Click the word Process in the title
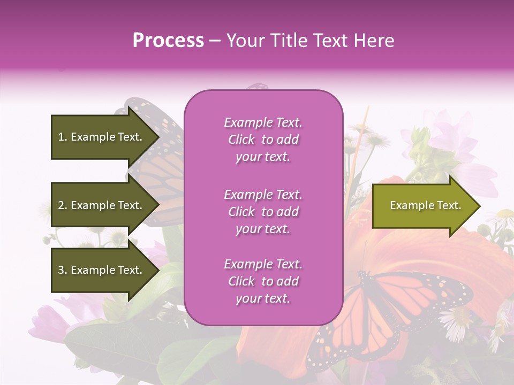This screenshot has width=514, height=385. coord(168,41)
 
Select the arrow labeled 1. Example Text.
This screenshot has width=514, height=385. coord(102,137)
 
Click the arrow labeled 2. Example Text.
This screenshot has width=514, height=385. coord(102,205)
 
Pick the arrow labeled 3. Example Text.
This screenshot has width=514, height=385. coord(102,270)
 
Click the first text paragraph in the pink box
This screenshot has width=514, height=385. coord(263,140)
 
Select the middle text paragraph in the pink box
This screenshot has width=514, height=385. coord(263,212)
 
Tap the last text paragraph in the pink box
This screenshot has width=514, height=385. coord(263,281)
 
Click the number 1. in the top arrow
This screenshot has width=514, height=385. coord(63,137)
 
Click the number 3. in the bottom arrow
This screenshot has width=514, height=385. coord(63,270)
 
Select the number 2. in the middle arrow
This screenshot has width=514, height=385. coord(63,205)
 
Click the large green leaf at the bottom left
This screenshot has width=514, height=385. coord(102,348)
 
